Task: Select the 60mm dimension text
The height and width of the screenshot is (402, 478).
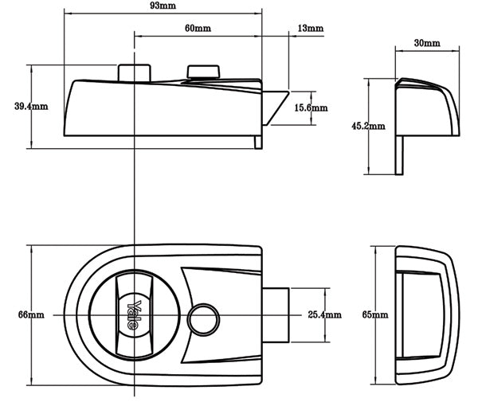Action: (198, 28)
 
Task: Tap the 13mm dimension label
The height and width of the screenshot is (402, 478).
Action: (311, 29)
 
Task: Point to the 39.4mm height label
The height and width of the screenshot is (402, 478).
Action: (15, 106)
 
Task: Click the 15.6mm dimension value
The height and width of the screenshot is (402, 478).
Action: (310, 107)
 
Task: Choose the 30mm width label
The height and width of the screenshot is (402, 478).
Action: (427, 41)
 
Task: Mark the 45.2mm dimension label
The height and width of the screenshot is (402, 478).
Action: (368, 126)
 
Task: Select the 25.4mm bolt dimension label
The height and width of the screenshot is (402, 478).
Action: (324, 315)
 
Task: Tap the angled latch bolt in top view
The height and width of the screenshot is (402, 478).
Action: (277, 107)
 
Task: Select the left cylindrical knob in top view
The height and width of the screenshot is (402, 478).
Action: (133, 71)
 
